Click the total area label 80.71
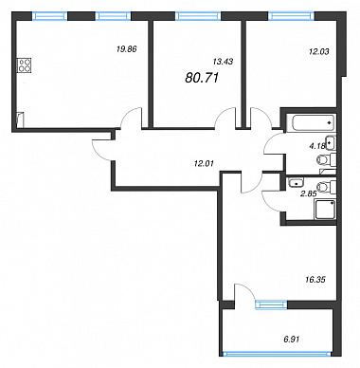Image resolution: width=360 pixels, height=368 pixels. [202, 78]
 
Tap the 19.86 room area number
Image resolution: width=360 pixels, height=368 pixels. [126, 49]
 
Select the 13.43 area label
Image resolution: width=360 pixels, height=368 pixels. [223, 62]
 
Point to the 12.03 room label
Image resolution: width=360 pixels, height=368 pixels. [318, 51]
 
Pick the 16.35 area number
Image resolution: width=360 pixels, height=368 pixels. [315, 280]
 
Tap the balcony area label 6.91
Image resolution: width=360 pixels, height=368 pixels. [291, 340]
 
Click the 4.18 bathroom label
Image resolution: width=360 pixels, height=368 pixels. [315, 146]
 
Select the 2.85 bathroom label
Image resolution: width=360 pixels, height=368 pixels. [309, 194]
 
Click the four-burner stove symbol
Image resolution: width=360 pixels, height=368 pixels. [25, 65]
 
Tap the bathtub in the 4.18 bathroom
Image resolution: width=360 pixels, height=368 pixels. [314, 123]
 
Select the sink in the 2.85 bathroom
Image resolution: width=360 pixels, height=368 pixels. [297, 181]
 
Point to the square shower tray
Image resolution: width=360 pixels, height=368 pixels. [325, 210]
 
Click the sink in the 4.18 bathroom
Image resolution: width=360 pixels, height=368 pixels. [331, 143]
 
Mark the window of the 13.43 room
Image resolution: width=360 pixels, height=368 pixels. [198, 16]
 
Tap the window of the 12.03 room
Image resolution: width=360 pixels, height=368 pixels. [291, 16]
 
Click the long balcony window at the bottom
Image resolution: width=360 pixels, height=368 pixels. [278, 354]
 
